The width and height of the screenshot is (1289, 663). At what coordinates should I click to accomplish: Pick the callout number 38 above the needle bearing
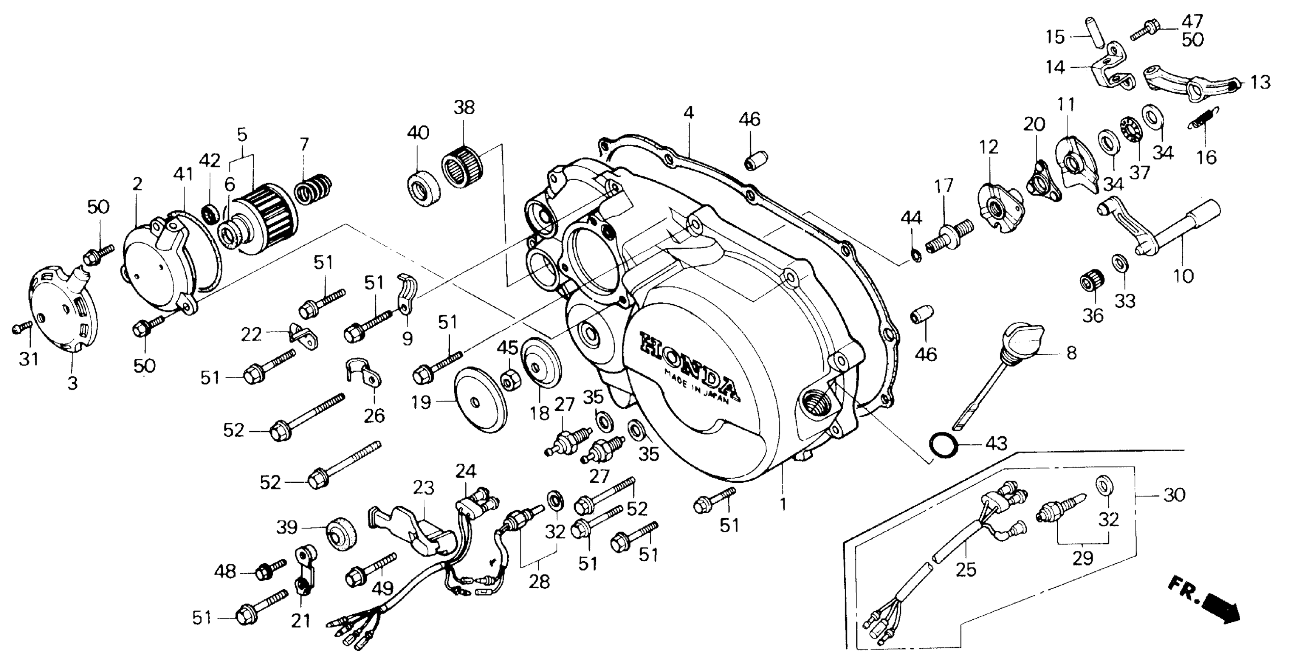(x=464, y=107)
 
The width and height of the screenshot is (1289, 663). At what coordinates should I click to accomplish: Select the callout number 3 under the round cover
(x=72, y=384)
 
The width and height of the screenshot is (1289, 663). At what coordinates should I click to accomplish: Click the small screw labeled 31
(x=21, y=328)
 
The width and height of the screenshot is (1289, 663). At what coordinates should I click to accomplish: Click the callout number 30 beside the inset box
(x=1174, y=496)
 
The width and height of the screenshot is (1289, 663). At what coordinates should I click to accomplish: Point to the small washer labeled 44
(x=914, y=256)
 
